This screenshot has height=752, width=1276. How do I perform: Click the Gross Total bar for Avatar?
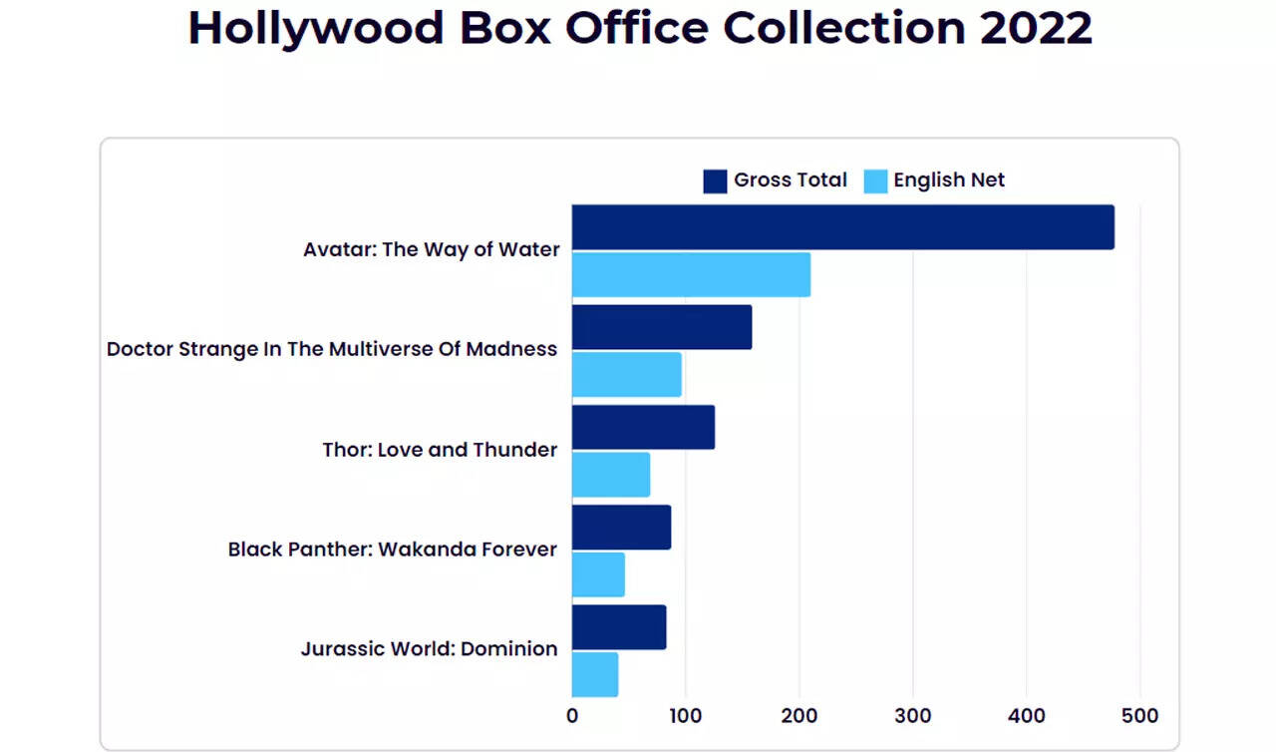tap(842, 227)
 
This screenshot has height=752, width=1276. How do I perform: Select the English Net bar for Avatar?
tap(691, 274)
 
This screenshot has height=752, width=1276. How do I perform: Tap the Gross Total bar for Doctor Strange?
tap(662, 327)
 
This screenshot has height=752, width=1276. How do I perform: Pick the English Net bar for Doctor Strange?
tap(626, 374)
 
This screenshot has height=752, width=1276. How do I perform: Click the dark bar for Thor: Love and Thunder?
tap(643, 427)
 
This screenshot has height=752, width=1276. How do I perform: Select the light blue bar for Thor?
tap(611, 474)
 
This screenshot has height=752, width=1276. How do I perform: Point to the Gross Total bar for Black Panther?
tap(621, 527)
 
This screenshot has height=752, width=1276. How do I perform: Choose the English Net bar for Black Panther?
tap(598, 573)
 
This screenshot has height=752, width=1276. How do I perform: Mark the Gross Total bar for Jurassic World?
tap(619, 626)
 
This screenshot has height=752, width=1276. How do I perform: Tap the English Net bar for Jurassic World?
tap(595, 674)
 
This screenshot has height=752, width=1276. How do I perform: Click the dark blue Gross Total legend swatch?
tap(715, 181)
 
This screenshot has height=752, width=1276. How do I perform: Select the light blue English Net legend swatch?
tap(875, 181)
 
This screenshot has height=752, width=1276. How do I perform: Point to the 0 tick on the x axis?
tap(572, 715)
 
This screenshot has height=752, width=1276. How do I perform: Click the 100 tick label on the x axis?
tap(685, 715)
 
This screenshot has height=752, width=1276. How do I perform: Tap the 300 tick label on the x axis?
tap(912, 715)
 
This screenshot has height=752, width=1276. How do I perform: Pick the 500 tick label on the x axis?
tap(1139, 715)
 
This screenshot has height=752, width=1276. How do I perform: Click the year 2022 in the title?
tap(1036, 28)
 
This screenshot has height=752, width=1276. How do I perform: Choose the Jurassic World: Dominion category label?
tap(429, 649)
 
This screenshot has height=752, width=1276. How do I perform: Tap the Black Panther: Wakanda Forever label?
tap(392, 550)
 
